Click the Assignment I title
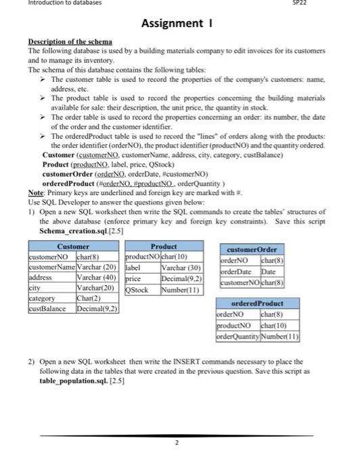[179, 24]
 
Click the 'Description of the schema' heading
[70, 43]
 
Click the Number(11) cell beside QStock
[179, 289]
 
